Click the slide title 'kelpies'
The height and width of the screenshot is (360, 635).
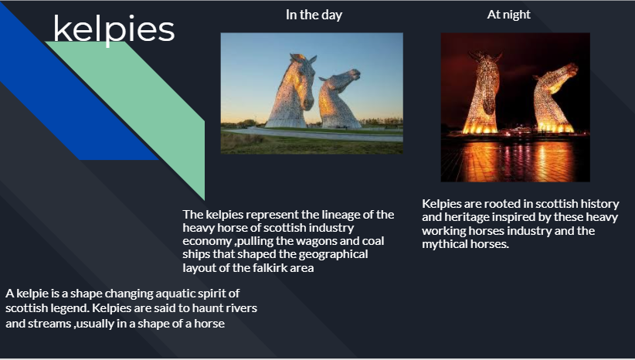tap(114, 30)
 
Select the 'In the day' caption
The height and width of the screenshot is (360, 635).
tap(314, 15)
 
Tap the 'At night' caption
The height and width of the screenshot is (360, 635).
tap(508, 15)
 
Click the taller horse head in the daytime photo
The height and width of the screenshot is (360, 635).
tap(291, 91)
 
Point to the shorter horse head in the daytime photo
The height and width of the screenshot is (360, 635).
tap(338, 99)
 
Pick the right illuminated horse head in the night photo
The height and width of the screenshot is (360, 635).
tap(554, 99)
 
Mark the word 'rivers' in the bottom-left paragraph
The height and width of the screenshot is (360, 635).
tap(242, 308)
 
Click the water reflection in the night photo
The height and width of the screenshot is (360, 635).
tap(515, 160)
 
